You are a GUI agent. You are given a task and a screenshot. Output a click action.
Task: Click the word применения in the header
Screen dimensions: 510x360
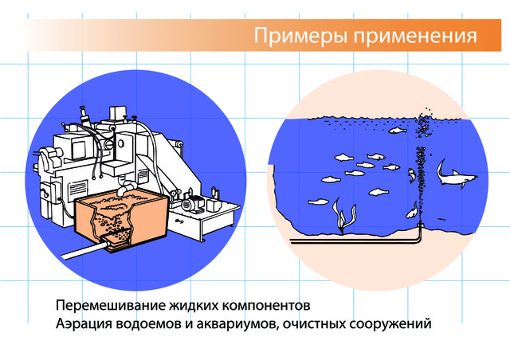pos(416,36)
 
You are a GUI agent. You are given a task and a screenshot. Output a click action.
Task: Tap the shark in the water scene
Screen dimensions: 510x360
pos(456,174)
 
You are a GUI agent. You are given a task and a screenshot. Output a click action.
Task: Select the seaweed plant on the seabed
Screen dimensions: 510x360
pos(343,215)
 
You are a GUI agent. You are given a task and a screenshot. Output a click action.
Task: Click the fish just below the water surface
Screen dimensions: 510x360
pos(398,131)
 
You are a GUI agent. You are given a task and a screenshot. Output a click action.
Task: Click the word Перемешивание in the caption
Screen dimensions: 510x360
pos(110,306)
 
